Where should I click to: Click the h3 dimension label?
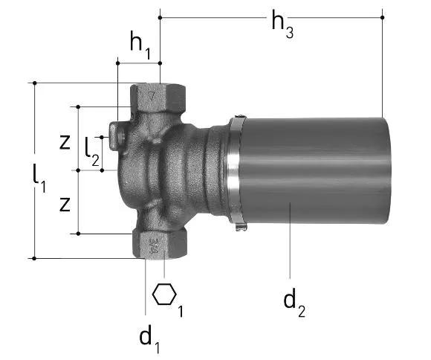point(282,24)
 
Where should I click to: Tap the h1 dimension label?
point(140,45)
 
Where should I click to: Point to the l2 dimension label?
point(92,152)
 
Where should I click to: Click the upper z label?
point(65,142)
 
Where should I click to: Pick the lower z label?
point(65,205)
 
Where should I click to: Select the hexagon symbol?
point(164,295)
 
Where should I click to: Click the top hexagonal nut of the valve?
point(158,97)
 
